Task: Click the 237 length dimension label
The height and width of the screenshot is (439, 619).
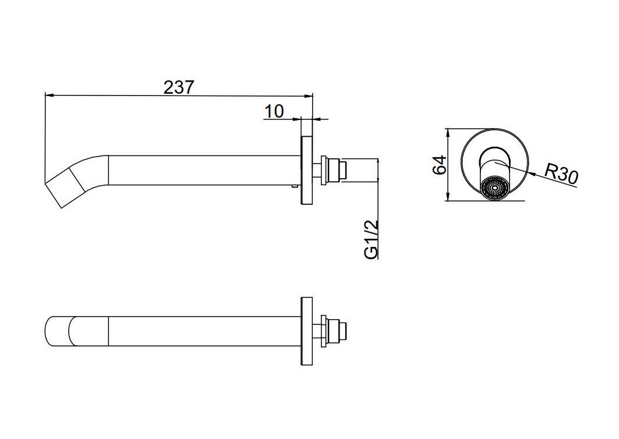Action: pos(179,87)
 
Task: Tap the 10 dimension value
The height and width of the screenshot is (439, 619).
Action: pos(274,112)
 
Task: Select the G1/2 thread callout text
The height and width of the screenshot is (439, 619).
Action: pos(372,239)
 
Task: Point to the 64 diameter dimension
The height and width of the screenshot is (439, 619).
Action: pos(439,165)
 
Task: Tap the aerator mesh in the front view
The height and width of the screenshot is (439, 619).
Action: pos(495,188)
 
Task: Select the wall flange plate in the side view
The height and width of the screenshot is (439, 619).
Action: pos(307,171)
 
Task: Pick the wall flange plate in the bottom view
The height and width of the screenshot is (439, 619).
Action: pos(307,332)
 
